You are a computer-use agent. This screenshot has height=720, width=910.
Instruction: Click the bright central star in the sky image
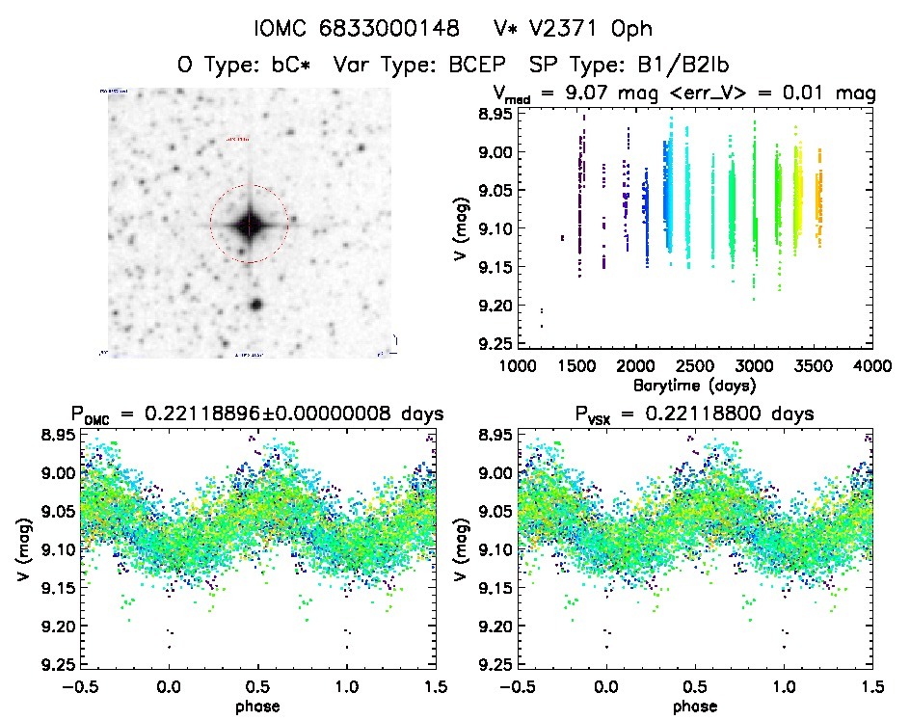(250, 226)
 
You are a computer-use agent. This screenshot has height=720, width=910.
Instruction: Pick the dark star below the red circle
(256, 305)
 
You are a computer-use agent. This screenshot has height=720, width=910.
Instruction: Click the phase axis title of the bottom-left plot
(257, 706)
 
